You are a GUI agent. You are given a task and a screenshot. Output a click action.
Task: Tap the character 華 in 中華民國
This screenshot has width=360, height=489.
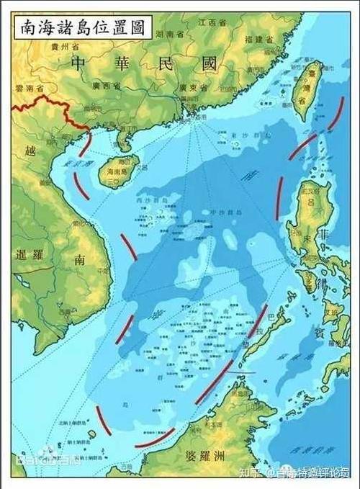click(x=120, y=64)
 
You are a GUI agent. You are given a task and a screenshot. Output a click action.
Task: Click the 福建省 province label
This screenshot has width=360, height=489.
click(x=258, y=40)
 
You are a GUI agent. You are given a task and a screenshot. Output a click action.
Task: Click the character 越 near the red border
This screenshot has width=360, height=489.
click(x=29, y=151)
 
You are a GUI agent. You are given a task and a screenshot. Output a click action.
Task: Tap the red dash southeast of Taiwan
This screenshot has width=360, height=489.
click(x=336, y=113)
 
